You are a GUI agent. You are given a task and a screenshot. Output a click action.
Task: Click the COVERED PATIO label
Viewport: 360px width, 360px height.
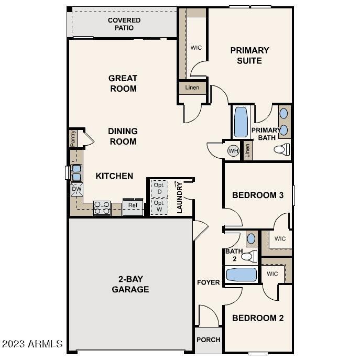click(x=124, y=24)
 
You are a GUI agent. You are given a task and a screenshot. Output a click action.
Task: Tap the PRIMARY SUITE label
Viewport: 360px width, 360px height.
click(x=250, y=56)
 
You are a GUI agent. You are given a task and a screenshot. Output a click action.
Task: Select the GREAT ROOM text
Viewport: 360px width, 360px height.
click(x=123, y=83)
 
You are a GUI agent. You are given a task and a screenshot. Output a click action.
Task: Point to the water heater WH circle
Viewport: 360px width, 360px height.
click(x=233, y=151)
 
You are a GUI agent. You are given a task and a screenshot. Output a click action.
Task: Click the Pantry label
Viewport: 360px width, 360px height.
click(x=73, y=138)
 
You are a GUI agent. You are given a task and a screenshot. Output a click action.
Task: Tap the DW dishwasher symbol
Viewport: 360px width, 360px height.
click(x=77, y=189)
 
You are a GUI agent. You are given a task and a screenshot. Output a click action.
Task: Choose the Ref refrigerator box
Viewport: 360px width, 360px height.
click(x=133, y=206)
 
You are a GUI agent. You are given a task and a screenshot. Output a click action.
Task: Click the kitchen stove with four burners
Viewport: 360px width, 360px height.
click(x=102, y=208)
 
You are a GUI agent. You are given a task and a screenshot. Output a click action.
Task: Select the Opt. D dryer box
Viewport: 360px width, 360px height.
click(x=159, y=188)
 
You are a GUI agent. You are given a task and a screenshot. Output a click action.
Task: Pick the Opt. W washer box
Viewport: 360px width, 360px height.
click(x=159, y=206)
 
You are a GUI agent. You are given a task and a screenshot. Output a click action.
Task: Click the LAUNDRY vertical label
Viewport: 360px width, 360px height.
click(x=179, y=198)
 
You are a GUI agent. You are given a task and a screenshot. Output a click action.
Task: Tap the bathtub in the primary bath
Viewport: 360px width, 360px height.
click(x=241, y=123)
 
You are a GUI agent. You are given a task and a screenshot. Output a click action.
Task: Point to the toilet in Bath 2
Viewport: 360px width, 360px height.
click(x=251, y=256)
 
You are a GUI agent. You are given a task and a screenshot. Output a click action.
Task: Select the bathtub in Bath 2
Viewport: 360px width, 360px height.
click(x=241, y=275)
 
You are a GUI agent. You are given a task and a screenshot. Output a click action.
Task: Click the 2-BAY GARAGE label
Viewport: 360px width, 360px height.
click(x=130, y=284)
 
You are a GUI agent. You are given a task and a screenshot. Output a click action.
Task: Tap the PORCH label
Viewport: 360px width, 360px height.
click(x=208, y=340)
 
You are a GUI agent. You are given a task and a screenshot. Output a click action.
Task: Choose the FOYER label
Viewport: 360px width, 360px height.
click(x=208, y=282)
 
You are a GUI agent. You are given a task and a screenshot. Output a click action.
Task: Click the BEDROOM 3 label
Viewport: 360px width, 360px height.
click(x=258, y=195)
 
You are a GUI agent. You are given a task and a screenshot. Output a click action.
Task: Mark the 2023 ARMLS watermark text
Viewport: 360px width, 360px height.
click(x=32, y=344)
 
